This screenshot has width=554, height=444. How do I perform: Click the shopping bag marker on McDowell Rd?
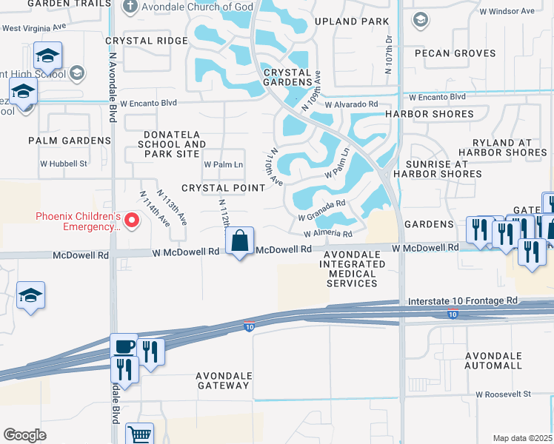pos(240,242)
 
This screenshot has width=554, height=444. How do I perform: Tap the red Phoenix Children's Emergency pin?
pos(133,220)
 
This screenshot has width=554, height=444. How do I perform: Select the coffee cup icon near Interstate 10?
pos(124,346)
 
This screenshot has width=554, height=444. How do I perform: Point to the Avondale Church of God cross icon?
pos(130,7)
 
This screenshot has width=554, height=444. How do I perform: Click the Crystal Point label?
pos(223,188)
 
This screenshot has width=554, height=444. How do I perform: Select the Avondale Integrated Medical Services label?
pos(350,269)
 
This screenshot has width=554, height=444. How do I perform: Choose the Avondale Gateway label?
pos(223,380)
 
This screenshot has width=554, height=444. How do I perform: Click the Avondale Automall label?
pos(504,360)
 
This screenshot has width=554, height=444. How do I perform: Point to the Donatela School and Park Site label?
pos(171,144)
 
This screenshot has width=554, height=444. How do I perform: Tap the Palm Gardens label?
pos(70,141)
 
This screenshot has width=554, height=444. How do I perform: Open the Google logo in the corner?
pos(25,435)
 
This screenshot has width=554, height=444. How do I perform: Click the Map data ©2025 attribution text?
pos(522,438)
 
